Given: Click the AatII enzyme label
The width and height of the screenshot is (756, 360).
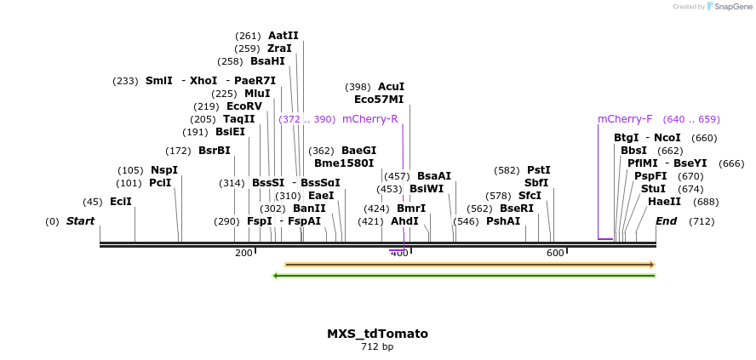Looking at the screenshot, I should point(283,36).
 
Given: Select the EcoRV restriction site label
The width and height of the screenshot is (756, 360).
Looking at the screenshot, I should point(244,106).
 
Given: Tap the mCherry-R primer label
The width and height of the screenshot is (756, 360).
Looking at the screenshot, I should point(370,119).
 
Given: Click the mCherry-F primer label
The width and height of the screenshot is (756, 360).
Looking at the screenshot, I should point(625,119).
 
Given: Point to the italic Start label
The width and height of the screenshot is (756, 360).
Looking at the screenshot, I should point(80,221).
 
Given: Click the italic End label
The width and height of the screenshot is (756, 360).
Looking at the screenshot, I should point(667,221).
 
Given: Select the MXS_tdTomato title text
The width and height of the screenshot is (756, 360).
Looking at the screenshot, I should point(377,334).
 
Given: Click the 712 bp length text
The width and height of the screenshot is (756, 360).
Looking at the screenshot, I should point(377,346).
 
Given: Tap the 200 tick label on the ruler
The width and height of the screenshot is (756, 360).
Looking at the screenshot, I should point(243,253).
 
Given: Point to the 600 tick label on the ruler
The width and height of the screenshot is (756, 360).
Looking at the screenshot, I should point(555,253).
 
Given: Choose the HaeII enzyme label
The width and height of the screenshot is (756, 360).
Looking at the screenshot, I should point(664,202).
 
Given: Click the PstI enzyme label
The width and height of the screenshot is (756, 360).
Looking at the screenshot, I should point(539,170).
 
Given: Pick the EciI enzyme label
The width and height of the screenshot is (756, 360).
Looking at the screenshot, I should point(121,202).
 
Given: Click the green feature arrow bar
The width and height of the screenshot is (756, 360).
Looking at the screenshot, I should point(463,276).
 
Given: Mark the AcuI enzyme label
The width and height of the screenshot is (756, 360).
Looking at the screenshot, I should point(391,87).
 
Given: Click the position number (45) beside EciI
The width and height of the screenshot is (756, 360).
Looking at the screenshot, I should point(93,202).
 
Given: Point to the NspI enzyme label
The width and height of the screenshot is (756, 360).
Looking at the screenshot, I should point(164,170).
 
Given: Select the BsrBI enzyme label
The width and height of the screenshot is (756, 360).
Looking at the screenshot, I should point(215,151).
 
